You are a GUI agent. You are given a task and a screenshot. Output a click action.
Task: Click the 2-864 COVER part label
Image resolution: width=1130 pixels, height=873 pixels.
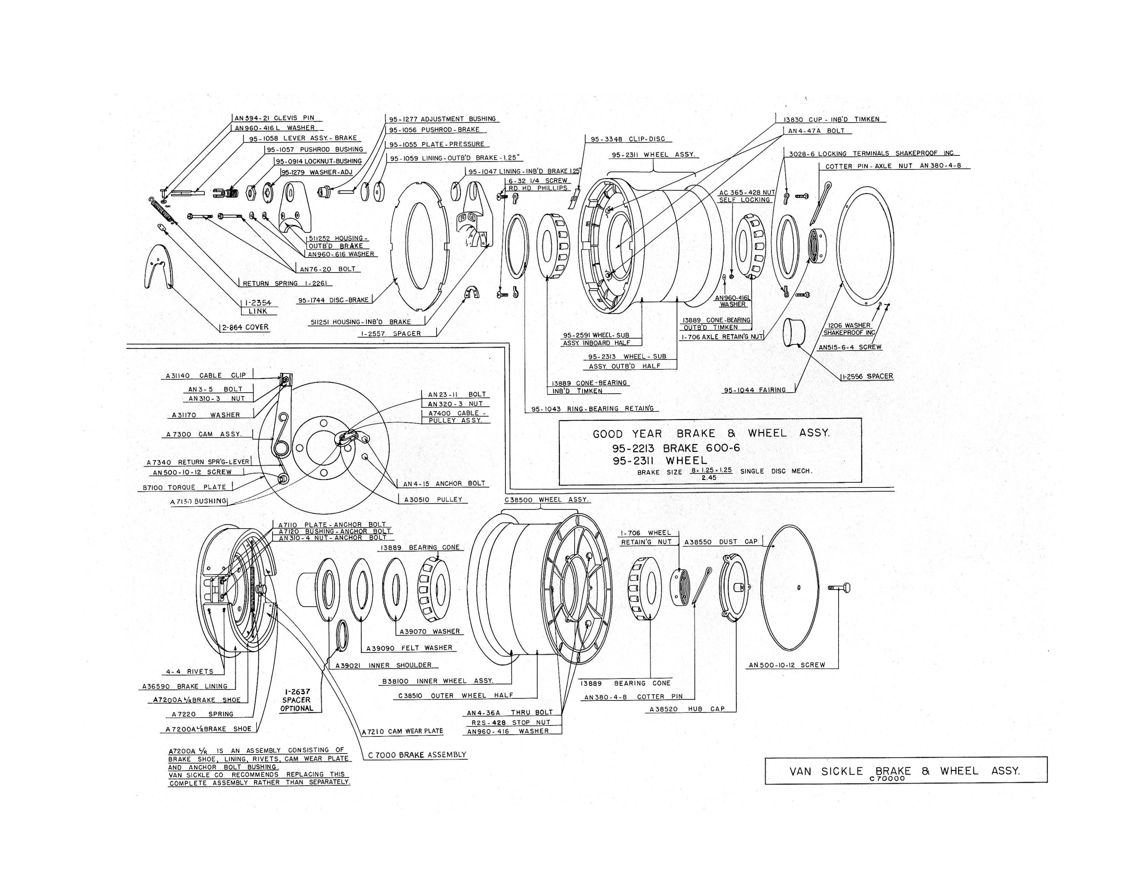click(x=245, y=327)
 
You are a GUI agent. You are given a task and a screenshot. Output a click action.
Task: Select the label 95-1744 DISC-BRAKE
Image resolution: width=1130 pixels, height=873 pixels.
click(x=333, y=300)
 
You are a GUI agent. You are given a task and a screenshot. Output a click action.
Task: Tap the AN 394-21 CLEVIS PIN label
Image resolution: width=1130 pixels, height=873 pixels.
click(x=274, y=118)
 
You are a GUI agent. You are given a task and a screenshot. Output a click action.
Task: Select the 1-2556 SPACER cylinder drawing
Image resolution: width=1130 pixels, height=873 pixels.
click(x=794, y=333)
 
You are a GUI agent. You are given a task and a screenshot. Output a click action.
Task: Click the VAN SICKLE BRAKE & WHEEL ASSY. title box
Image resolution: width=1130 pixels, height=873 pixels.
click(x=905, y=771)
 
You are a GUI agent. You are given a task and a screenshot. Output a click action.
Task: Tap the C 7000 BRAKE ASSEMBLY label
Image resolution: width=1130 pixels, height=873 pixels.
click(x=417, y=755)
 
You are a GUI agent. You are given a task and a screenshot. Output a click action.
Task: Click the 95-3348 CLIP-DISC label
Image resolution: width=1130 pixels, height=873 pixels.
click(x=628, y=139)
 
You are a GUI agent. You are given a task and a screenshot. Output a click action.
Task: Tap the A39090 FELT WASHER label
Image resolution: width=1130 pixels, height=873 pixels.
click(x=409, y=648)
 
